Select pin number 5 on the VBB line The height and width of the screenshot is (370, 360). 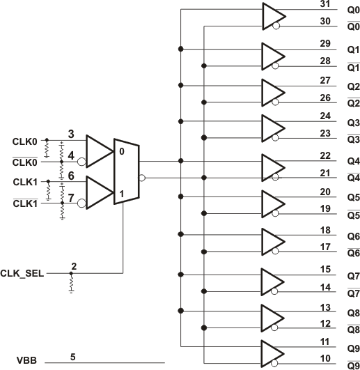(x=72, y=357)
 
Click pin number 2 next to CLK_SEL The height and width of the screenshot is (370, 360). (x=73, y=267)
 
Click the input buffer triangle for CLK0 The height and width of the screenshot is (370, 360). (x=98, y=151)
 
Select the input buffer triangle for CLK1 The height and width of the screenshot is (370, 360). (x=98, y=192)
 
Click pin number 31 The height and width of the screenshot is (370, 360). (x=324, y=5)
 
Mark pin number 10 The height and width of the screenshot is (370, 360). (x=324, y=358)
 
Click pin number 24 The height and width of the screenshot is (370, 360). (x=324, y=116)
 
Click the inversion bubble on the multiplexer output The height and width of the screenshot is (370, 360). (x=141, y=178)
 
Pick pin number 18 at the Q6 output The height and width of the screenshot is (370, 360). (x=324, y=230)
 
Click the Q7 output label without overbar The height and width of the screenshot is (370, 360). (x=334, y=276)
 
